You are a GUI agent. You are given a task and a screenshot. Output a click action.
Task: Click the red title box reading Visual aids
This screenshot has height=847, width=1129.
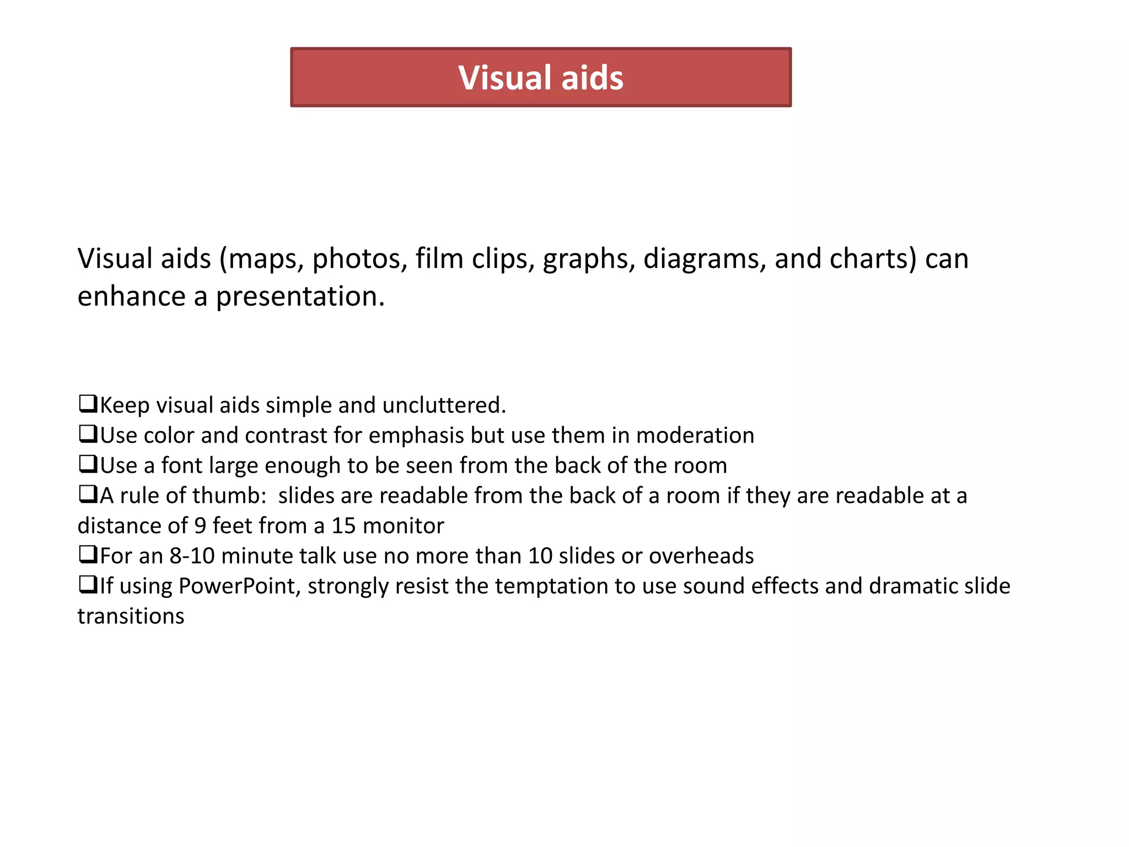[x=541, y=77]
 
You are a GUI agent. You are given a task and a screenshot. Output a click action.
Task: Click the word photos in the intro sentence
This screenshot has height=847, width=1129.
[x=359, y=259]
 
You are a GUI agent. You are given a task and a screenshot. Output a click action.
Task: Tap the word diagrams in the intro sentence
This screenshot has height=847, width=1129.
[x=705, y=259]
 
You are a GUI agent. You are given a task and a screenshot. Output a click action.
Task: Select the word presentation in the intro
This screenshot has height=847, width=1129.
[x=299, y=297]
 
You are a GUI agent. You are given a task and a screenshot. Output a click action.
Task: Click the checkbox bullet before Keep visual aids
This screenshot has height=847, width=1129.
[x=88, y=404]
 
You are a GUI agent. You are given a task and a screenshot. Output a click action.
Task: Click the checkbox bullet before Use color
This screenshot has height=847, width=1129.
[x=88, y=434]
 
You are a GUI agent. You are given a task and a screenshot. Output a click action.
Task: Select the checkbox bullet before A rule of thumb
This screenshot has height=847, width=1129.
[x=88, y=494]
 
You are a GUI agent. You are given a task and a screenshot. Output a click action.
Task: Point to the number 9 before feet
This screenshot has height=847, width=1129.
[x=200, y=526]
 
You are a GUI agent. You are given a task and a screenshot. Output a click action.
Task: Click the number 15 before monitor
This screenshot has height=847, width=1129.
[x=343, y=526]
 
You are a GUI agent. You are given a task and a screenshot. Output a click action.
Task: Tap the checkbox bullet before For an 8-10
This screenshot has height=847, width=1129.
[x=88, y=554]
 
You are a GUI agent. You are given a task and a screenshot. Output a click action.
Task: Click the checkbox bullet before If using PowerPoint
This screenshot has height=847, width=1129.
[x=88, y=585]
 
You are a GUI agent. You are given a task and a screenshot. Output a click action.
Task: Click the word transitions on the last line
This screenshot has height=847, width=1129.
[x=131, y=617]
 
